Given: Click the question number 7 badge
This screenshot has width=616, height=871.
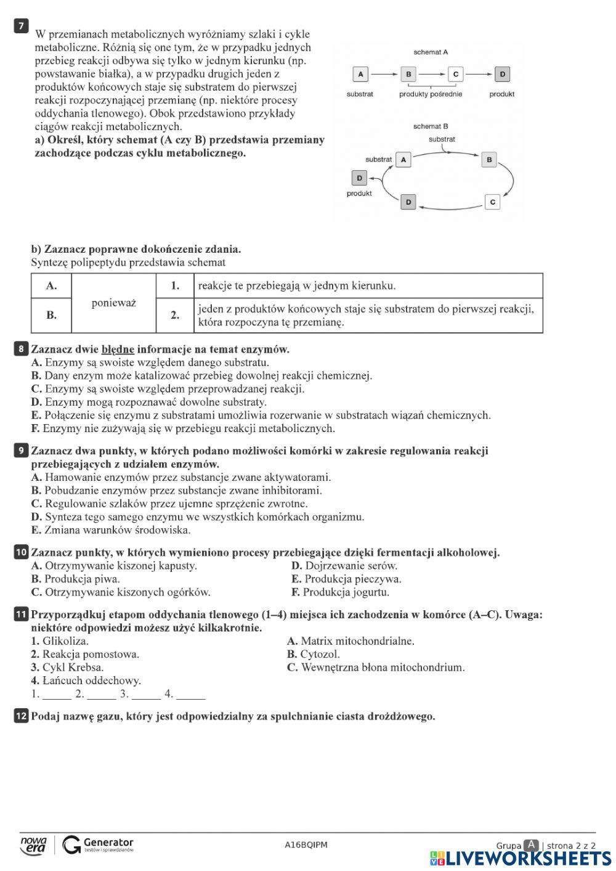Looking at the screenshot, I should click(22, 25).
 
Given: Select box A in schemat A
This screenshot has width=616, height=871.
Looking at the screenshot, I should click(360, 75).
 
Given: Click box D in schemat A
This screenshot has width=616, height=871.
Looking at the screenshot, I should click(502, 75).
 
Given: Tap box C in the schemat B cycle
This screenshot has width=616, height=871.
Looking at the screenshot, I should click(492, 202).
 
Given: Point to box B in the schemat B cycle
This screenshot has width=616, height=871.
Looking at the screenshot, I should click(488, 160).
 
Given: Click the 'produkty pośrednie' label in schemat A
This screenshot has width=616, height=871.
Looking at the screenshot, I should click(430, 94).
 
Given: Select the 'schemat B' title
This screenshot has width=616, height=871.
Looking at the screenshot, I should click(431, 126).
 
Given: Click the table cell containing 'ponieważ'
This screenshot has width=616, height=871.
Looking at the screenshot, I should click(114, 303).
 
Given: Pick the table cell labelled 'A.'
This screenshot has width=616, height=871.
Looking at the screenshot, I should click(52, 285).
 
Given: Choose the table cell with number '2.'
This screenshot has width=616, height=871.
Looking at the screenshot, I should click(175, 315).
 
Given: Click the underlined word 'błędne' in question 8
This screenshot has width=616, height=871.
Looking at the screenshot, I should click(118, 350).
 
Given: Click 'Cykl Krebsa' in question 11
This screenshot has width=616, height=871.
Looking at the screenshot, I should click(67, 668).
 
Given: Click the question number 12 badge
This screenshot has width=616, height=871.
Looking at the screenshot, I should click(21, 716).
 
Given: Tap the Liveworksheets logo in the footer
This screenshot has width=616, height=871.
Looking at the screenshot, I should click(521, 858).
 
